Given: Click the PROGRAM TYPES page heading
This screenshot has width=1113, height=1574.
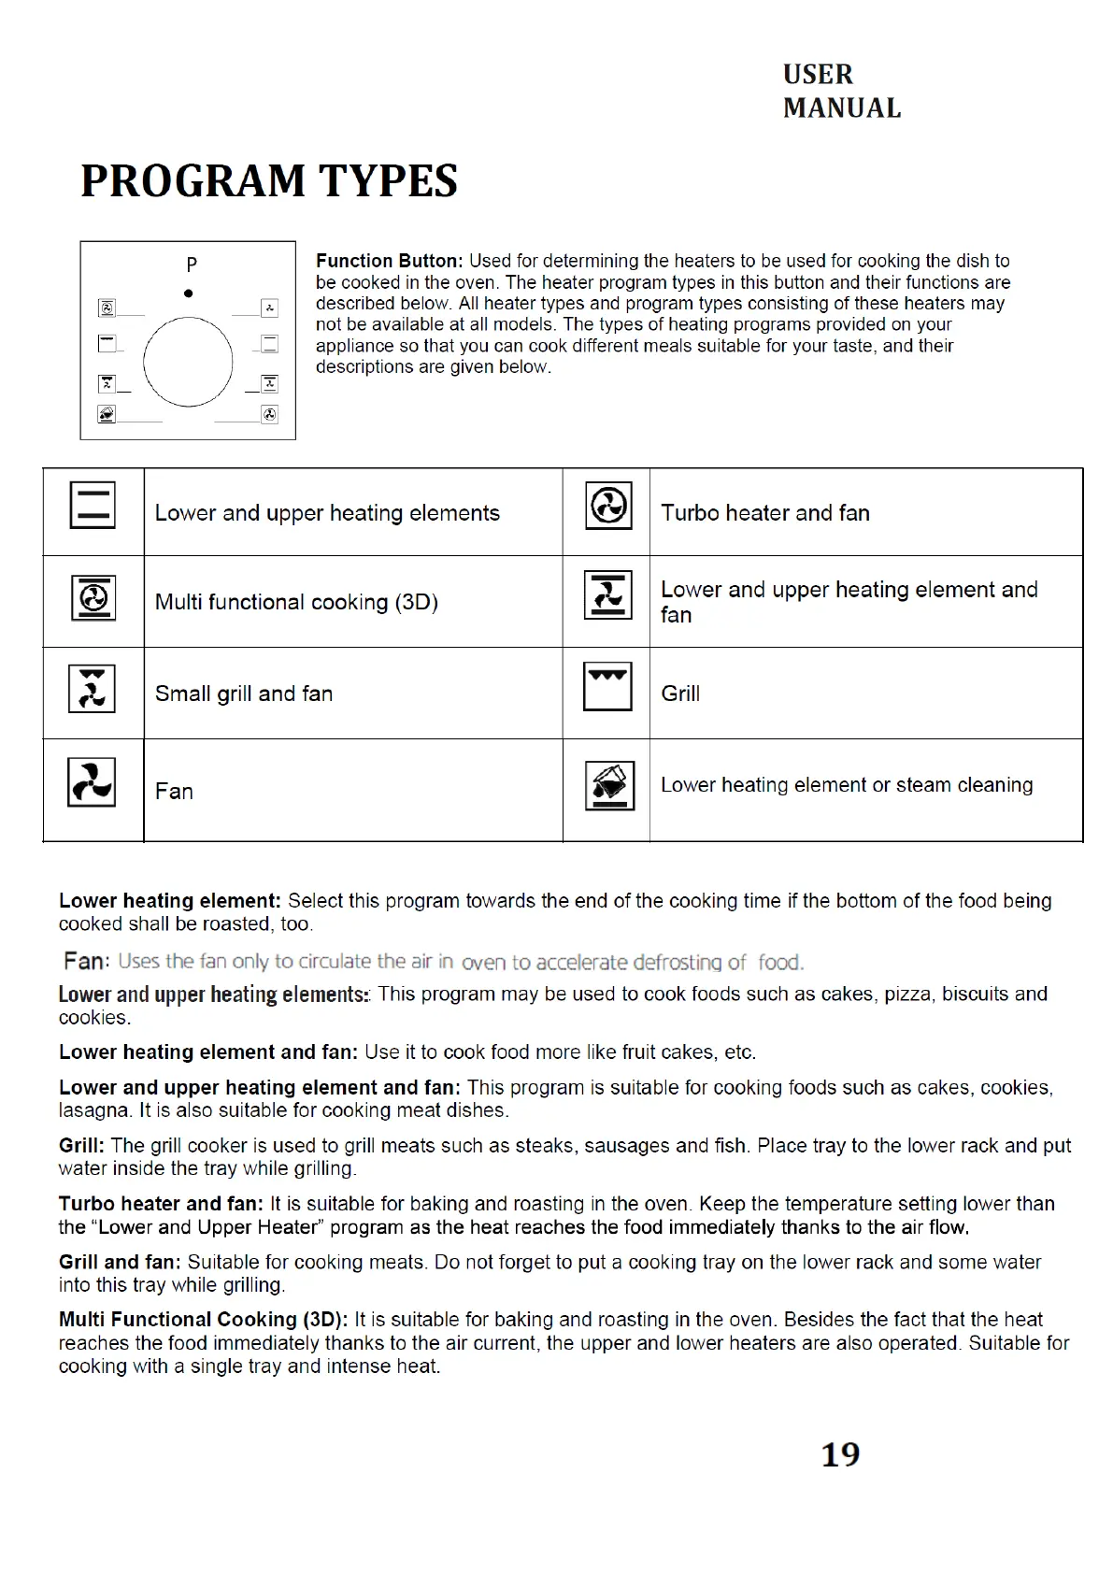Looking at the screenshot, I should pyautogui.click(x=269, y=181).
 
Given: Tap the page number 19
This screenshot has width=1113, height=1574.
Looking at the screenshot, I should pyautogui.click(x=840, y=1454).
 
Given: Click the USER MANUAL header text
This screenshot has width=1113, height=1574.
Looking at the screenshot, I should pyautogui.click(x=841, y=92).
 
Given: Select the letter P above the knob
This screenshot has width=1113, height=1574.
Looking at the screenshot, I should pyautogui.click(x=192, y=265).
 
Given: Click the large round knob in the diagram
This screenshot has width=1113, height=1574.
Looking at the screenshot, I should pyautogui.click(x=188, y=362).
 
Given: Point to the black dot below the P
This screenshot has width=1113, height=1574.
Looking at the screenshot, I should pyautogui.click(x=189, y=293).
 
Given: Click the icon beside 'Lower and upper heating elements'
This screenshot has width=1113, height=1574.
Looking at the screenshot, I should pyautogui.click(x=93, y=506).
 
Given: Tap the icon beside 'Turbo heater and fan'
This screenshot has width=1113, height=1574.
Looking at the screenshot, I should pyautogui.click(x=608, y=506).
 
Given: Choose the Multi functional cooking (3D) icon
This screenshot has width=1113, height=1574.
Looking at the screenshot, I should pyautogui.click(x=93, y=598).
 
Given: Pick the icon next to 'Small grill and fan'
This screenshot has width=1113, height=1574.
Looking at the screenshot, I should pyautogui.click(x=92, y=689).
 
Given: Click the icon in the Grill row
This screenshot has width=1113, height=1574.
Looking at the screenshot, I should pyautogui.click(x=607, y=687).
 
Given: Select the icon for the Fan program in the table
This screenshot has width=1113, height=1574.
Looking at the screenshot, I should pyautogui.click(x=92, y=782).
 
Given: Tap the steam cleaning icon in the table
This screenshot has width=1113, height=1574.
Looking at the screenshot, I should pyautogui.click(x=609, y=785).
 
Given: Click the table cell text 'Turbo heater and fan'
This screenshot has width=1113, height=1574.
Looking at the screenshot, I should pyautogui.click(x=764, y=513).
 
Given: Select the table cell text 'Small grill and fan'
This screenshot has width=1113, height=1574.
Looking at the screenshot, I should pyautogui.click(x=244, y=694).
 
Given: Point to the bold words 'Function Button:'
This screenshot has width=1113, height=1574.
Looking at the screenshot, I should pyautogui.click(x=389, y=261).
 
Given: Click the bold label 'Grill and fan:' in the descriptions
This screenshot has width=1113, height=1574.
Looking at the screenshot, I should pyautogui.click(x=120, y=1262).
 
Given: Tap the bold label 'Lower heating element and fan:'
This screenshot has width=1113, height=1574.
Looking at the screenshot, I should pyautogui.click(x=208, y=1052).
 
